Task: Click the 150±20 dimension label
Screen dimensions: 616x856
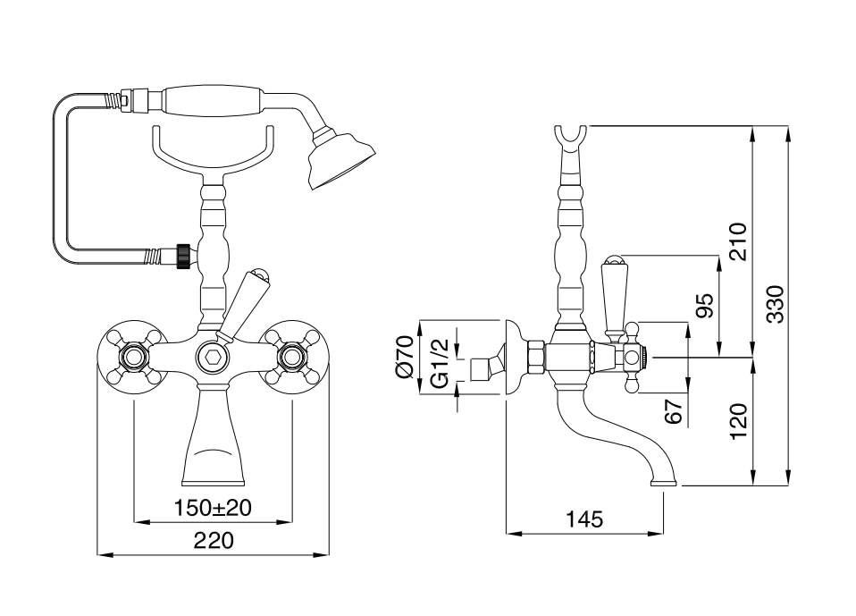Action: coord(213,509)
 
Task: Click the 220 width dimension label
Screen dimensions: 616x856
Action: coord(214,541)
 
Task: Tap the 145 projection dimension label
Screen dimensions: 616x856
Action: coord(585,519)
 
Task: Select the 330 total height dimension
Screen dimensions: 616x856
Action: coord(775,304)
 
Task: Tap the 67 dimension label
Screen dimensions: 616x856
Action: coord(675,411)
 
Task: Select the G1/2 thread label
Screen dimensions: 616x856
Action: coord(439,363)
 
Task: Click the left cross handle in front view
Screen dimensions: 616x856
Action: coord(135,359)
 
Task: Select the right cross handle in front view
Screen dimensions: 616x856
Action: coord(291,359)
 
